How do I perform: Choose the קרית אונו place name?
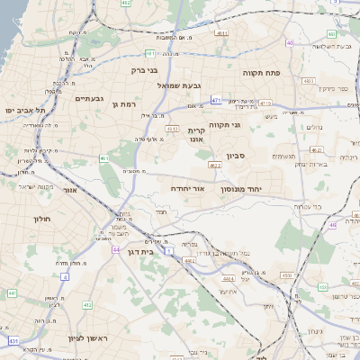197,135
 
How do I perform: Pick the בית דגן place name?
138,253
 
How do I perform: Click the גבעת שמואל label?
177,85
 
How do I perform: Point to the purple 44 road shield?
115,249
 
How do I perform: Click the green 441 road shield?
12,293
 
